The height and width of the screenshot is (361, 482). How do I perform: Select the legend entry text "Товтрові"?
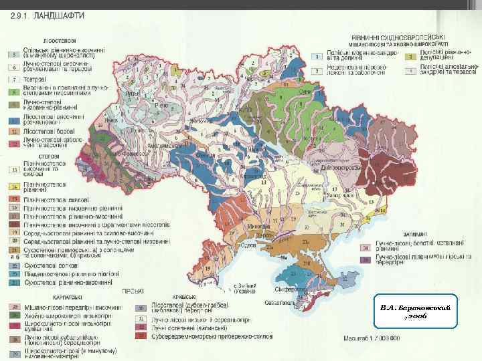coord(35,78)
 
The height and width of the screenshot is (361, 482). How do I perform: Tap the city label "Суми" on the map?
coord(303,91)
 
